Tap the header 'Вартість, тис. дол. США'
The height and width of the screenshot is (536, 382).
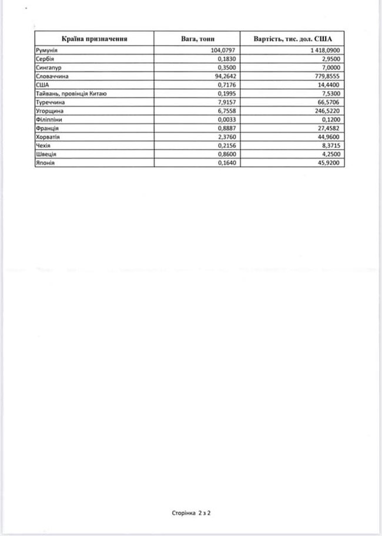click(x=292, y=39)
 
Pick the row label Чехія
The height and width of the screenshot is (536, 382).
click(x=43, y=144)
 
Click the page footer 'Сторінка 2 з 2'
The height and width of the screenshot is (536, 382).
click(x=190, y=512)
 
